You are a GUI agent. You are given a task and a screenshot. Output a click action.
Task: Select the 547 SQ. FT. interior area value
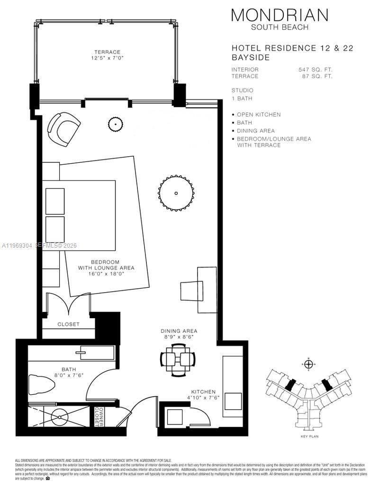tap(315, 70)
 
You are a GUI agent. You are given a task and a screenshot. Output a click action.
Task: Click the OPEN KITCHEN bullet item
tap(259, 115)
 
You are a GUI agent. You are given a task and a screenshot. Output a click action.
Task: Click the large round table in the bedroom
tap(176, 193)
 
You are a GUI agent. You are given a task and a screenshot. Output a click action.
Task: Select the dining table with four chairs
tap(177, 359)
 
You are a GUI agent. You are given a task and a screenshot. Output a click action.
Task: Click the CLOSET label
tap(68, 324)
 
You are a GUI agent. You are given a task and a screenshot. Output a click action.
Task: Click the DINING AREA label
tap(179, 334)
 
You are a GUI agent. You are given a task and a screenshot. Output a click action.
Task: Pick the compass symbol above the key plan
tap(309, 364)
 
